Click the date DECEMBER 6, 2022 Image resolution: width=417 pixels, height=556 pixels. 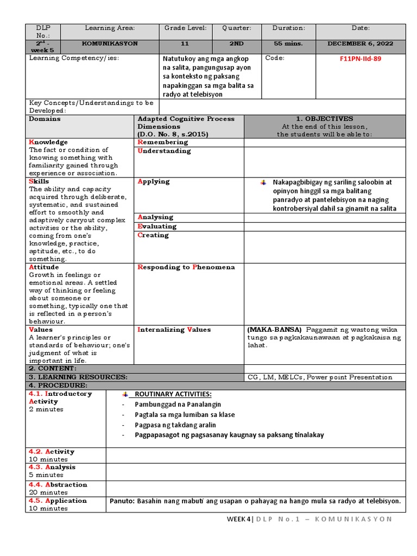point(361,43)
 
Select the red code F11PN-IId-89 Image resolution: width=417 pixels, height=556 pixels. point(361,59)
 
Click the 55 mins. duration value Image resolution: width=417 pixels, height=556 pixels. point(288,43)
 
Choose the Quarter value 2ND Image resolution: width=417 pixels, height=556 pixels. point(236,43)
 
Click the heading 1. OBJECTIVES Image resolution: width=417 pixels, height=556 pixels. point(324,118)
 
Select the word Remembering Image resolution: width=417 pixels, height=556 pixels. point(163,142)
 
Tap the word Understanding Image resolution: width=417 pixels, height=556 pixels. point(165,151)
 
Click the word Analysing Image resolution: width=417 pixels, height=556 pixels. point(156,217)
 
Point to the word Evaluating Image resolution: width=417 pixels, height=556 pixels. point(157,226)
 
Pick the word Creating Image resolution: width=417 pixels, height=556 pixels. point(154,235)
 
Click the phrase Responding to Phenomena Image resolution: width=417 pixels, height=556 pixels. point(186,267)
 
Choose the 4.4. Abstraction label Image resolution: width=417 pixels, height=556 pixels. point(58,484)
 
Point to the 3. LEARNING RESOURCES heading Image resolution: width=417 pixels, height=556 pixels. point(78,377)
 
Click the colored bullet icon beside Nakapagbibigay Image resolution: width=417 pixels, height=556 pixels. point(263,182)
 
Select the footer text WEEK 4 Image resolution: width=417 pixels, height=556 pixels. point(239,519)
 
